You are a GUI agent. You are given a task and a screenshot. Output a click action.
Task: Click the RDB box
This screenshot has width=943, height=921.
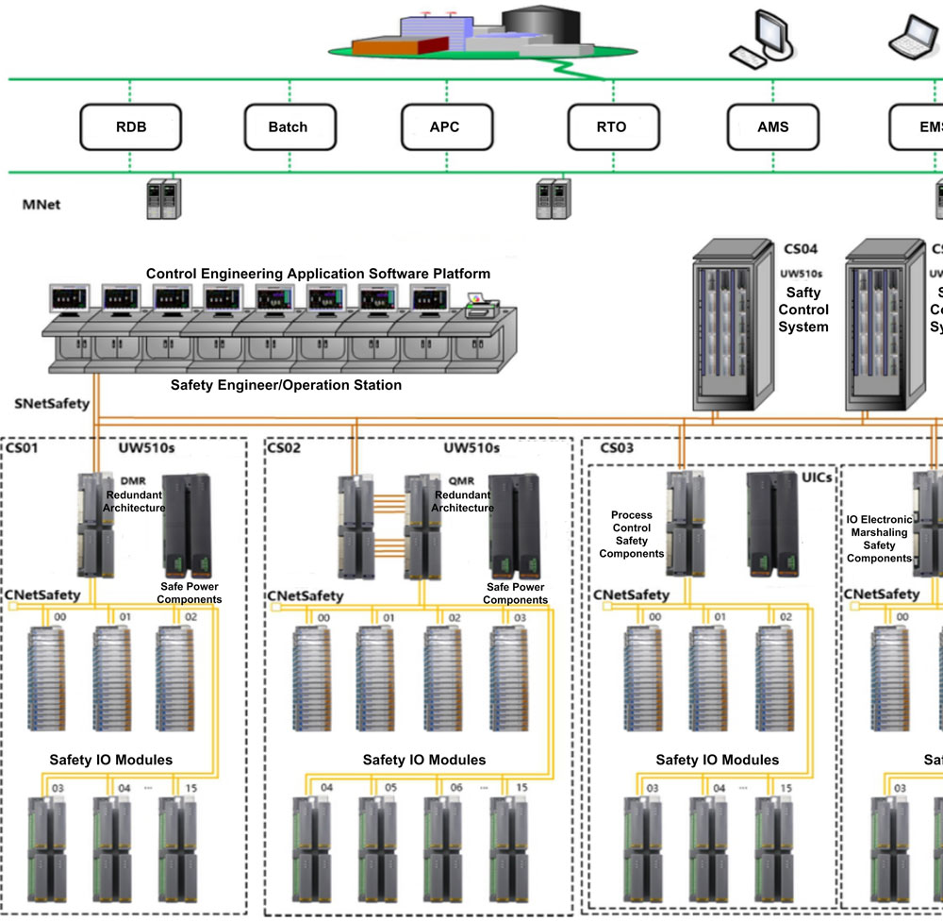131,127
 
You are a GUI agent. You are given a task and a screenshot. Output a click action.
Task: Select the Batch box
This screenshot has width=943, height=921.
288,127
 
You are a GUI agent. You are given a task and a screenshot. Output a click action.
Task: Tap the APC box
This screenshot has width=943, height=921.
444,127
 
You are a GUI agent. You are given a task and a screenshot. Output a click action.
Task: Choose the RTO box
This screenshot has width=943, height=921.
611,127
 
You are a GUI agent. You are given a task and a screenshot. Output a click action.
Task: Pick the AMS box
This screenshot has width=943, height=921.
772,127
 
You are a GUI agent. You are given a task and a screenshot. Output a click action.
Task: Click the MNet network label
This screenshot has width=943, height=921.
41,204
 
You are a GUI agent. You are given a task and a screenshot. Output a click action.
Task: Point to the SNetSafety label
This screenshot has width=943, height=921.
52,404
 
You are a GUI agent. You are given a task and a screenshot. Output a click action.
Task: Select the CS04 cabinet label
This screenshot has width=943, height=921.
801,250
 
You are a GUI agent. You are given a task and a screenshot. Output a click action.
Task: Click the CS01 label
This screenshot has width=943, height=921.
23,447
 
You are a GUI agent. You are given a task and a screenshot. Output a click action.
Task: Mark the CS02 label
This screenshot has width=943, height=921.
284,447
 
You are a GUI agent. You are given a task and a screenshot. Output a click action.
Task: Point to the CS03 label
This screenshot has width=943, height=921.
618,447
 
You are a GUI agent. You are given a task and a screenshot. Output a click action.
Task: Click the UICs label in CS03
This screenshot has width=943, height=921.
816,477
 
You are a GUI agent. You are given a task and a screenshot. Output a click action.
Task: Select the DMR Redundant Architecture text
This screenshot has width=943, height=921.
135,494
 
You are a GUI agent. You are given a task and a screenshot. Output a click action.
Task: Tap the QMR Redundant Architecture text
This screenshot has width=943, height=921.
462,494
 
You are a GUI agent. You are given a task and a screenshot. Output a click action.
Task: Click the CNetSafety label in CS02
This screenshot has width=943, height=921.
306,596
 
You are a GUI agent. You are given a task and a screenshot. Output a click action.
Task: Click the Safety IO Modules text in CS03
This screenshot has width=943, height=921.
717,760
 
